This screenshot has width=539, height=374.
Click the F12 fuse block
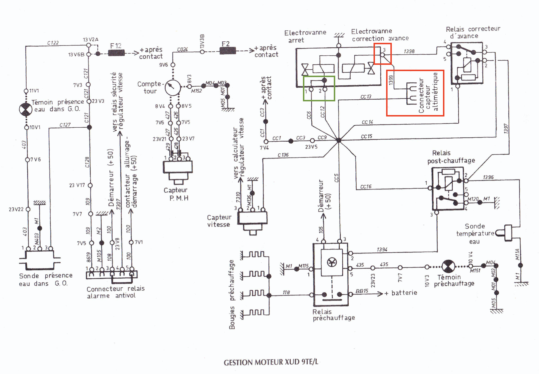pos(116,53)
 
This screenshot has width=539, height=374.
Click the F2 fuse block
pos(227,51)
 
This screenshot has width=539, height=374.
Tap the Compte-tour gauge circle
pos(173,88)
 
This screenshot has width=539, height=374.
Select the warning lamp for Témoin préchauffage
pos(448,266)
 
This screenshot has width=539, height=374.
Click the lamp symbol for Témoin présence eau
pos(26,110)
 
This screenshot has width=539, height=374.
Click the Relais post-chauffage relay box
pos(448,189)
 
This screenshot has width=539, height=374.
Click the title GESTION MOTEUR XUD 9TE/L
pos(271,362)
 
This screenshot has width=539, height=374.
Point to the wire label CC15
pos(366,136)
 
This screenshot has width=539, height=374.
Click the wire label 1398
pos(409,51)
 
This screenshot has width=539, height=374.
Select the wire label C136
pos(283,155)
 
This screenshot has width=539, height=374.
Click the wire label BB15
pos(362,291)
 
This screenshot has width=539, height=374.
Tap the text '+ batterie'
pos(401,293)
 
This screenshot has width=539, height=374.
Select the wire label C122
pos(53,43)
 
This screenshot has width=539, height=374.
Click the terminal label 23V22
pos(16,209)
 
